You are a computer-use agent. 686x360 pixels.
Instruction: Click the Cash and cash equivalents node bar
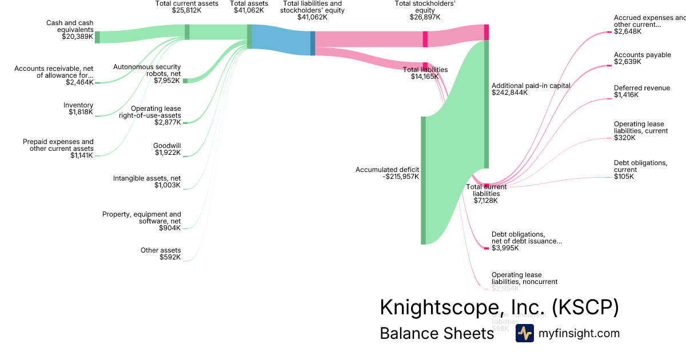click(97, 37)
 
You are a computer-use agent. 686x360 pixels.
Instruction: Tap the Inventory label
click(78, 105)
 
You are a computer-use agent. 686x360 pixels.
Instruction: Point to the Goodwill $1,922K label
click(167, 149)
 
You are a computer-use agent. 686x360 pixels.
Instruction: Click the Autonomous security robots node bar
click(185, 81)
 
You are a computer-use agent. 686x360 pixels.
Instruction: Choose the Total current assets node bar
click(187, 32)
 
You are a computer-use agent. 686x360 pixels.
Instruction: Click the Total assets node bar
click(249, 36)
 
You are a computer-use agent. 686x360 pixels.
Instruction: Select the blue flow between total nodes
click(281, 39)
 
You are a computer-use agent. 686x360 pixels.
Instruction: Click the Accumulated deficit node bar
click(424, 180)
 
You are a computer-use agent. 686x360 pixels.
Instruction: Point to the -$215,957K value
click(401, 177)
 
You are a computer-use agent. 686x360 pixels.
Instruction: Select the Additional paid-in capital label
click(531, 86)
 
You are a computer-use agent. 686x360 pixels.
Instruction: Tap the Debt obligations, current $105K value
click(624, 177)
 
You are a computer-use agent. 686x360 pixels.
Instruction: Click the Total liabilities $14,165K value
click(425, 77)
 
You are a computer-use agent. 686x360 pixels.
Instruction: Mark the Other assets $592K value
click(170, 257)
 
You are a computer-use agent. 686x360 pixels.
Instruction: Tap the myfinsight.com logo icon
click(524, 333)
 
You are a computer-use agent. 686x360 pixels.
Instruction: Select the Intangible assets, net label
click(147, 178)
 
